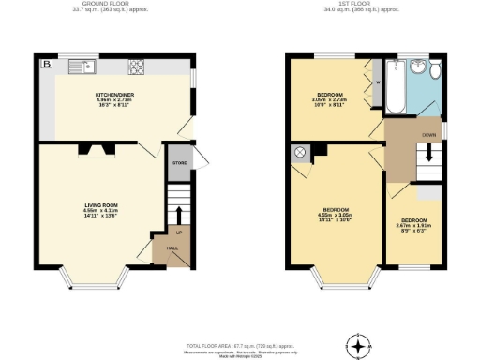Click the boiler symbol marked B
coord(45,65)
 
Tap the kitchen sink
coord(82,67)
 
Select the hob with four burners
coord(135,67)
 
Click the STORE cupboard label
coord(178,163)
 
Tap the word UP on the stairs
coord(178,232)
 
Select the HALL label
coord(172,248)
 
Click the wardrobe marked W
coord(377,82)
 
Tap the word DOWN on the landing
coord(427,135)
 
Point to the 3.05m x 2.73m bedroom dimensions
coord(329,102)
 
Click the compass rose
coord(356,345)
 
